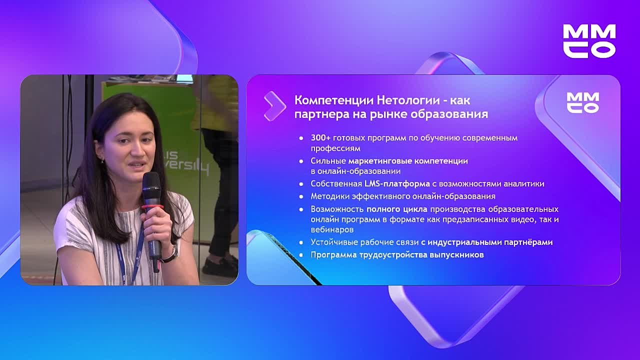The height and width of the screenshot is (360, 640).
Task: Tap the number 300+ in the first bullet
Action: click(x=320, y=137)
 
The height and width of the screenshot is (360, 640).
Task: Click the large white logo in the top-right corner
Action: click(x=589, y=40)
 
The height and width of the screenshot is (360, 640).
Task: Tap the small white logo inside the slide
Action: click(x=582, y=102)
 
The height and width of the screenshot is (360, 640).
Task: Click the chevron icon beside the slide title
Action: click(x=274, y=106)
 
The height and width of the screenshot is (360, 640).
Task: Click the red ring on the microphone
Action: click(x=152, y=206)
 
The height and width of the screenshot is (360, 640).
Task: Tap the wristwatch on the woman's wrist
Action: click(x=171, y=255)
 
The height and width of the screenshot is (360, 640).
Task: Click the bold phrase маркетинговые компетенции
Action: click(x=408, y=161)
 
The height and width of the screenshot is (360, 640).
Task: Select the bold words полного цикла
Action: click(x=397, y=209)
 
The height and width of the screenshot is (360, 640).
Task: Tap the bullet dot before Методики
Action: click(x=301, y=196)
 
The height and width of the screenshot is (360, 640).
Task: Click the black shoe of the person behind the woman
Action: click(x=220, y=267)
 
